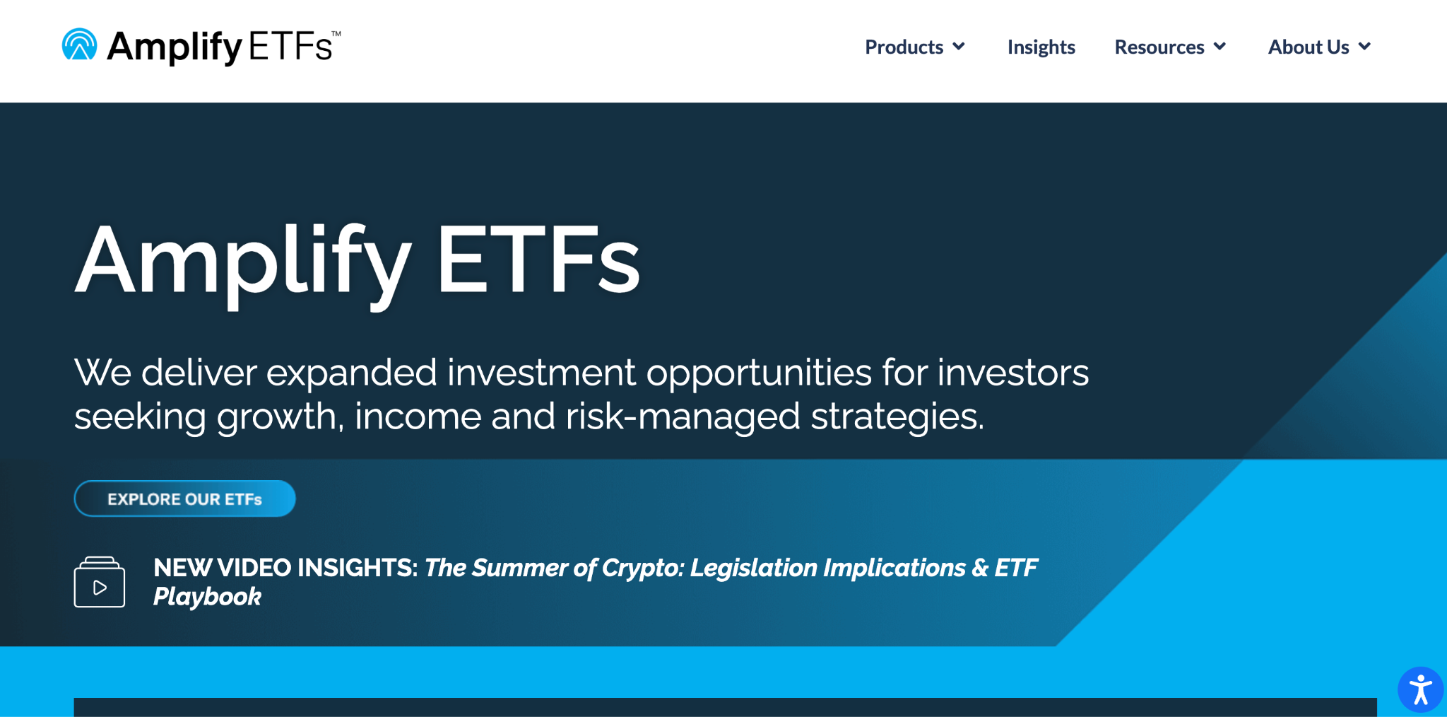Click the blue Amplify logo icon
click(x=79, y=45)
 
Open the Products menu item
click(x=904, y=47)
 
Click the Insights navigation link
click(x=1041, y=47)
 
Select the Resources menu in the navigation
click(x=1159, y=47)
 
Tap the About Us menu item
click(x=1309, y=47)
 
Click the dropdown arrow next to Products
click(x=959, y=47)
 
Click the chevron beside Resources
click(x=1219, y=47)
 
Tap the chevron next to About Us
click(x=1364, y=47)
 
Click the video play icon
click(x=100, y=582)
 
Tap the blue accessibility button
click(x=1420, y=690)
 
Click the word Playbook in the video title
click(x=207, y=597)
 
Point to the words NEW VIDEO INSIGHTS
click(x=285, y=568)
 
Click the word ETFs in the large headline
click(x=538, y=259)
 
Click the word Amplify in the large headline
click(x=243, y=263)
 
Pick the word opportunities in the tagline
click(x=759, y=374)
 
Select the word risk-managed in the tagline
click(x=683, y=417)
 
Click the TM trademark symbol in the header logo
click(x=336, y=33)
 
